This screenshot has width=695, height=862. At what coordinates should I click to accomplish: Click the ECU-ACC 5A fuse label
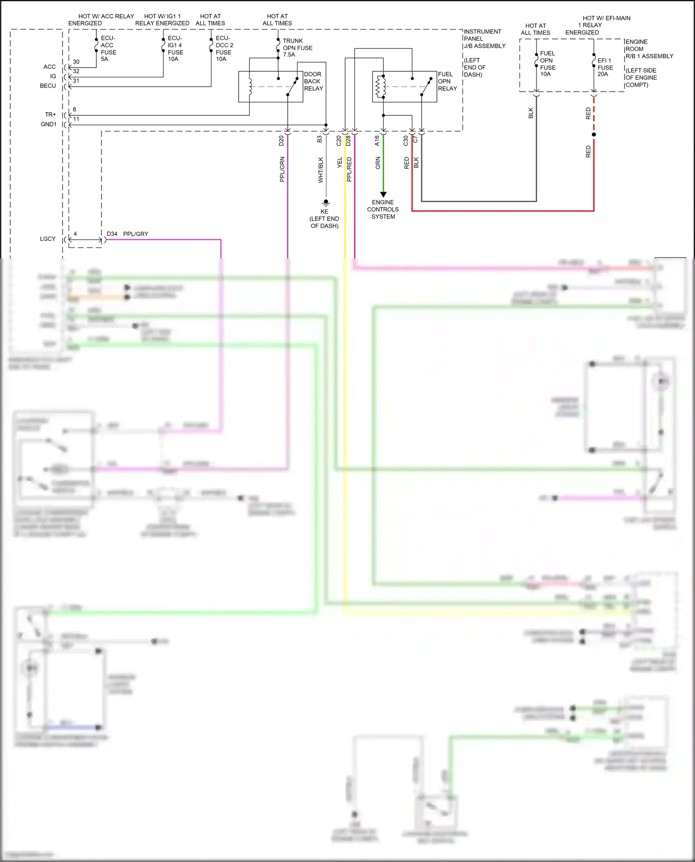click(108, 48)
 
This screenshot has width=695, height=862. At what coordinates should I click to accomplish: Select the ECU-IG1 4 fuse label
click(175, 48)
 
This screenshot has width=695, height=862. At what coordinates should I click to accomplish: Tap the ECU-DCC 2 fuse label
click(224, 48)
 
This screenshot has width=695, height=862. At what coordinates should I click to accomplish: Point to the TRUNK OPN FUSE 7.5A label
click(297, 48)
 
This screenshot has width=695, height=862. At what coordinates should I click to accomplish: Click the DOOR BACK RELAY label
click(313, 81)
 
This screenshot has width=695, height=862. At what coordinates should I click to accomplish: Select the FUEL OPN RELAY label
click(447, 81)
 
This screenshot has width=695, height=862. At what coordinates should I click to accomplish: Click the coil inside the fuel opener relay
click(380, 87)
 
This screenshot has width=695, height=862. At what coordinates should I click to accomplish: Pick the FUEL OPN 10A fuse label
click(547, 64)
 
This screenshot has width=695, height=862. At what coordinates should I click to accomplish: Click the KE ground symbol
click(326, 202)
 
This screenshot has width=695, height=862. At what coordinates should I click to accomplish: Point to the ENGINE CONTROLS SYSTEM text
click(383, 209)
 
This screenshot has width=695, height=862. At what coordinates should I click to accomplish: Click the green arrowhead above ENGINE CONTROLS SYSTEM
click(383, 195)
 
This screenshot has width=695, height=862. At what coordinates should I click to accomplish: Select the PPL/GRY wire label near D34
click(136, 234)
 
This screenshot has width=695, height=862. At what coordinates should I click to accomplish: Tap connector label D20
click(281, 141)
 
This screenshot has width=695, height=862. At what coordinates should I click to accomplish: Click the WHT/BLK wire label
click(321, 170)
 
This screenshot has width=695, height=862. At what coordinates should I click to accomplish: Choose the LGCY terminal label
click(48, 239)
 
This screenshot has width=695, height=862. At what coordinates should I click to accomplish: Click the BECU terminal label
click(48, 86)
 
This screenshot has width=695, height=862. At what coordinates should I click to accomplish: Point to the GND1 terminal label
click(49, 124)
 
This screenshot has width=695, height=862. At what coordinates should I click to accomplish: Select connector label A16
click(377, 141)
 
